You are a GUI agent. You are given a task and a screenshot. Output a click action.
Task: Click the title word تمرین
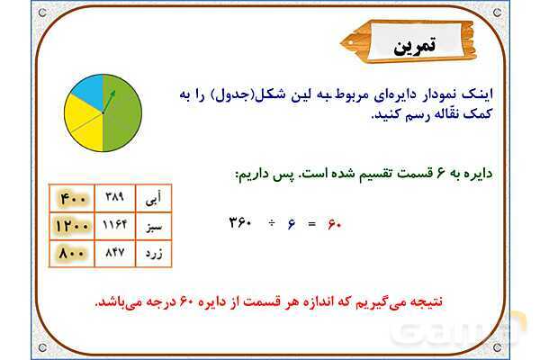[x=414, y=46]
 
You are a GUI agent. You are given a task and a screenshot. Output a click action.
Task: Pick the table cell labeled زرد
[x=153, y=254]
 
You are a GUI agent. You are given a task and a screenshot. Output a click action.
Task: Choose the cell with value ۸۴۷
[x=113, y=254]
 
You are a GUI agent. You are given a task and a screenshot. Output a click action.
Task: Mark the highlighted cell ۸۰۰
[x=70, y=254]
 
